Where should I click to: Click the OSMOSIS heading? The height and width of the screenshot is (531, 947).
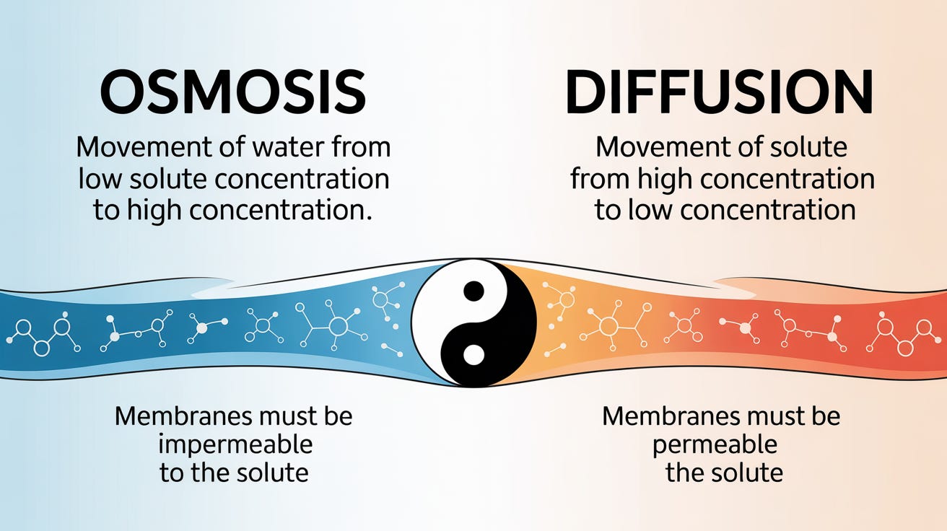tap(232, 94)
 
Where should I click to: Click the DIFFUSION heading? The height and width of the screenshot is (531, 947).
tap(719, 94)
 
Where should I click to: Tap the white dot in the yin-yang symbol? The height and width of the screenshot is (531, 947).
tap(473, 355)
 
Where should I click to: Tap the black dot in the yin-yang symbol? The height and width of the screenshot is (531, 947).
tap(473, 291)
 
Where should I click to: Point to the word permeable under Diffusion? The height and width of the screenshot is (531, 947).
tap(715, 444)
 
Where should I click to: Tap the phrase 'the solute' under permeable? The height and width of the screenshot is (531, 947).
tap(723, 473)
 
